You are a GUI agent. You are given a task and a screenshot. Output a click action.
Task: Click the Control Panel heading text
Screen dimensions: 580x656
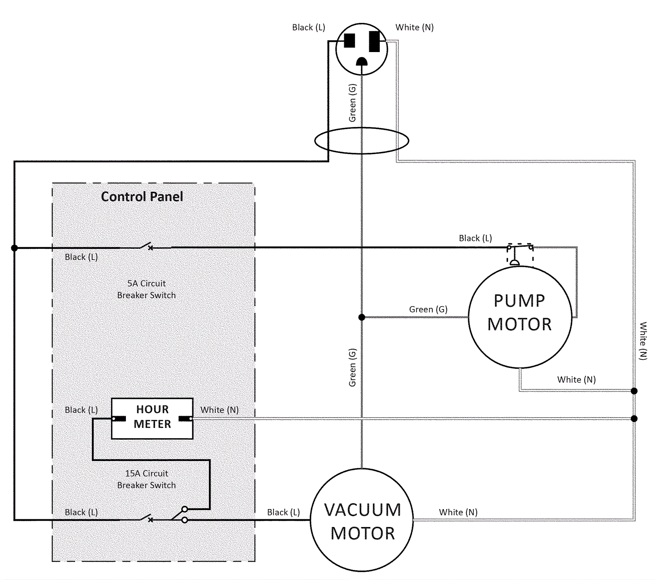(x=142, y=197)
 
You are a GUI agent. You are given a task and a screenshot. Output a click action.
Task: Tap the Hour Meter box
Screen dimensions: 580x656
(x=152, y=418)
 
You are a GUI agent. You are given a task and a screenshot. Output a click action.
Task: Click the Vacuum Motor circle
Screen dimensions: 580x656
(x=362, y=520)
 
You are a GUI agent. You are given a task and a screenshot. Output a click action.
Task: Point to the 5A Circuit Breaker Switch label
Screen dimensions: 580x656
(x=146, y=289)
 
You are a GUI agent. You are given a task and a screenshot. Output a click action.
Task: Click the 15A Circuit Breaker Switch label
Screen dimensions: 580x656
(x=146, y=479)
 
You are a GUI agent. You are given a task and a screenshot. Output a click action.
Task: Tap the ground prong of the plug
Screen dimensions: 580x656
(x=362, y=62)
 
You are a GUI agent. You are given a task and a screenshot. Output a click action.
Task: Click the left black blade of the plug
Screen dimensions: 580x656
(x=349, y=41)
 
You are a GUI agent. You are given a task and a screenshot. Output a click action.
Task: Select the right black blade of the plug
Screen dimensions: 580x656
(x=374, y=41)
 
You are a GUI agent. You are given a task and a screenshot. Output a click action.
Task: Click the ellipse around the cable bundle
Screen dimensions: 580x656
(x=362, y=141)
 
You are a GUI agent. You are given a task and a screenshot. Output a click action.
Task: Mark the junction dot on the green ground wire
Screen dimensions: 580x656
(x=362, y=317)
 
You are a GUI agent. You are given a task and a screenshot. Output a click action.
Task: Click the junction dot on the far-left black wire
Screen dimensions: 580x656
(x=14, y=248)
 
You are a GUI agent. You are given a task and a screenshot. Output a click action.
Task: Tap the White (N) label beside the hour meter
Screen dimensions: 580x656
(x=219, y=410)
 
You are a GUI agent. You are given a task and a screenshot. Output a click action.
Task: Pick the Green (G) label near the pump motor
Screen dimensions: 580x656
(x=428, y=309)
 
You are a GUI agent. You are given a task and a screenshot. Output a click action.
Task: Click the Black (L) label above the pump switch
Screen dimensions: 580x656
(x=475, y=238)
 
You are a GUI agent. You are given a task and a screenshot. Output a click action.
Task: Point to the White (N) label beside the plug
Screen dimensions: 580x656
(x=414, y=27)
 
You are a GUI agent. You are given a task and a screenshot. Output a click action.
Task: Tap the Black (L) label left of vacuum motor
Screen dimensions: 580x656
(x=283, y=512)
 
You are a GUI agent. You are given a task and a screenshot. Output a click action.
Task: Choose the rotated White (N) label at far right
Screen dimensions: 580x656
(x=643, y=341)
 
